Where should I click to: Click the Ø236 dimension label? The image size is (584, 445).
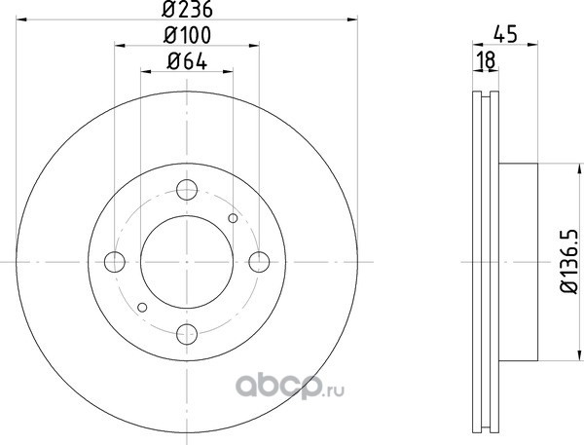(187, 9)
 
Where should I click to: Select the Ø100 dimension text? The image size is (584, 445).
(187, 35)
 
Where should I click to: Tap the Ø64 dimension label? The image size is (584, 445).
(187, 61)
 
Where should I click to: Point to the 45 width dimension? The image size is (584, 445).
(505, 34)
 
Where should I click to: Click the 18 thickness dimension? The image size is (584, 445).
(486, 60)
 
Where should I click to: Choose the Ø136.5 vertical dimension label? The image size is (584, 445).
(569, 262)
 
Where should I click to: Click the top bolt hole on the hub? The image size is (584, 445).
(187, 190)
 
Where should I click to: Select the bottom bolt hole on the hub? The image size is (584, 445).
(187, 334)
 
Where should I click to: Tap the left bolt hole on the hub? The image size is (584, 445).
(114, 262)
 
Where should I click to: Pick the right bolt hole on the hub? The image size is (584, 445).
(259, 262)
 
